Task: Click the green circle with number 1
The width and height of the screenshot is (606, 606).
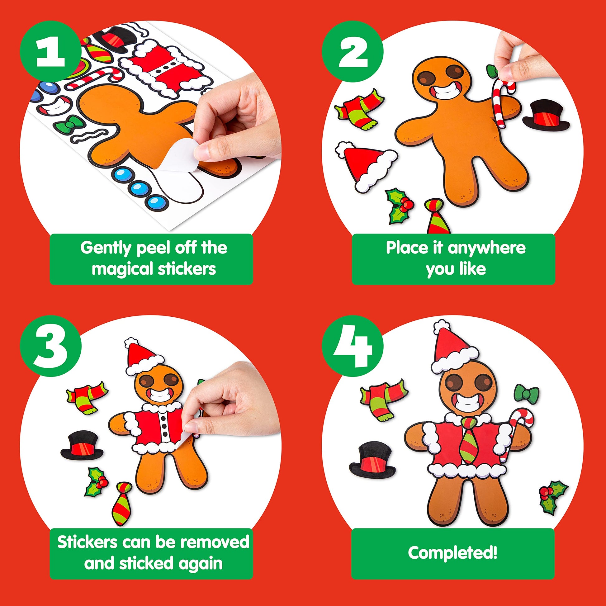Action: point(50,51)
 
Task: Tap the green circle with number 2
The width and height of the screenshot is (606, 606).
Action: point(353,51)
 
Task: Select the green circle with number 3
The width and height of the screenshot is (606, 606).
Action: point(50,346)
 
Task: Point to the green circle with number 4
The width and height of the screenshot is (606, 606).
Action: point(353,346)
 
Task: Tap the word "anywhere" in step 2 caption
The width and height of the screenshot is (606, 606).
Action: point(486,248)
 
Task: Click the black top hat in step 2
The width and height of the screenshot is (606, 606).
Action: point(546,116)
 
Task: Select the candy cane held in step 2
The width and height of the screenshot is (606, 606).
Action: point(502,102)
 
